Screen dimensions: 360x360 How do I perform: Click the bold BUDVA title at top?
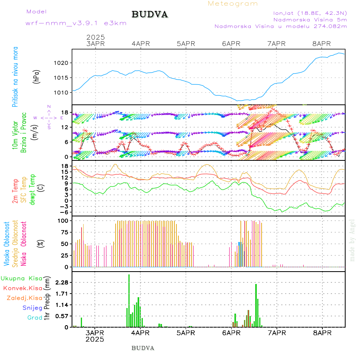click(150, 15)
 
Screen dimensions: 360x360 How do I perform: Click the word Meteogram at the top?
click(233, 4)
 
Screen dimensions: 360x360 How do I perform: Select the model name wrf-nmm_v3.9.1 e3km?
click(76, 23)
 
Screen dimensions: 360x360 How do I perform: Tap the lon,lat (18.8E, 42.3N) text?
click(310, 13)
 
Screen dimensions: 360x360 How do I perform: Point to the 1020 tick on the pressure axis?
click(62, 63)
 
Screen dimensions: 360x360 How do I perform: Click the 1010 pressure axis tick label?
click(62, 92)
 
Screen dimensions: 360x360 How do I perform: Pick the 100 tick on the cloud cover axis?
click(64, 220)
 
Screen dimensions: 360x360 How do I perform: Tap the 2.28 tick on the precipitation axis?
click(62, 282)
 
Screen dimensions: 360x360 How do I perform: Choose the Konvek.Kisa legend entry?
click(22, 288)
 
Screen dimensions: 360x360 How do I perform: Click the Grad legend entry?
click(34, 318)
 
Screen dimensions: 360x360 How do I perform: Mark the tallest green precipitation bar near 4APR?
click(129, 300)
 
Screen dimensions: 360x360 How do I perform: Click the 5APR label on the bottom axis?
click(186, 333)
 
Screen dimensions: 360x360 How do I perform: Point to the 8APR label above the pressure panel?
click(322, 44)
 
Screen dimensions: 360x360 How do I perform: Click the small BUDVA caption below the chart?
click(143, 348)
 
